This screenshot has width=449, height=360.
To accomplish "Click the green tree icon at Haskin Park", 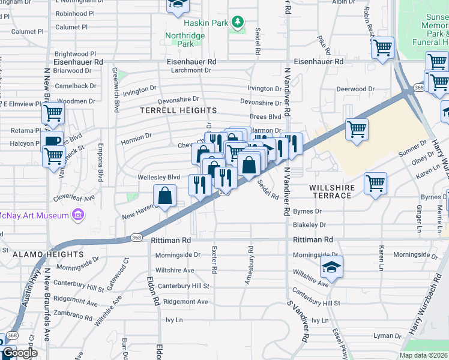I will pos(238,23).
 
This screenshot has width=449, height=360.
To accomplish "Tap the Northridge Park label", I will pos(185,40).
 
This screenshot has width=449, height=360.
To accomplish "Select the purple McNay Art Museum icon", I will pos(77,214).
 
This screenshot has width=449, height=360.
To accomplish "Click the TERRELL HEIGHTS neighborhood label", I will pos(178,111).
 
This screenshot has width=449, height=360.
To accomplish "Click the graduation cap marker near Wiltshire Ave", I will pos(331,266).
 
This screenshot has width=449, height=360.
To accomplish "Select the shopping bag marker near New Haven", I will pos(164,196).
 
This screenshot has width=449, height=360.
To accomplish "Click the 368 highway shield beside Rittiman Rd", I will pos(136,239).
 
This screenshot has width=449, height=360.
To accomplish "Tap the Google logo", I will pos(19,353).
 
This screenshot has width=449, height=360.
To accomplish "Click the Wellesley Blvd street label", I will pos(159,177).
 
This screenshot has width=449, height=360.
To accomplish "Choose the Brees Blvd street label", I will pos(265,116).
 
